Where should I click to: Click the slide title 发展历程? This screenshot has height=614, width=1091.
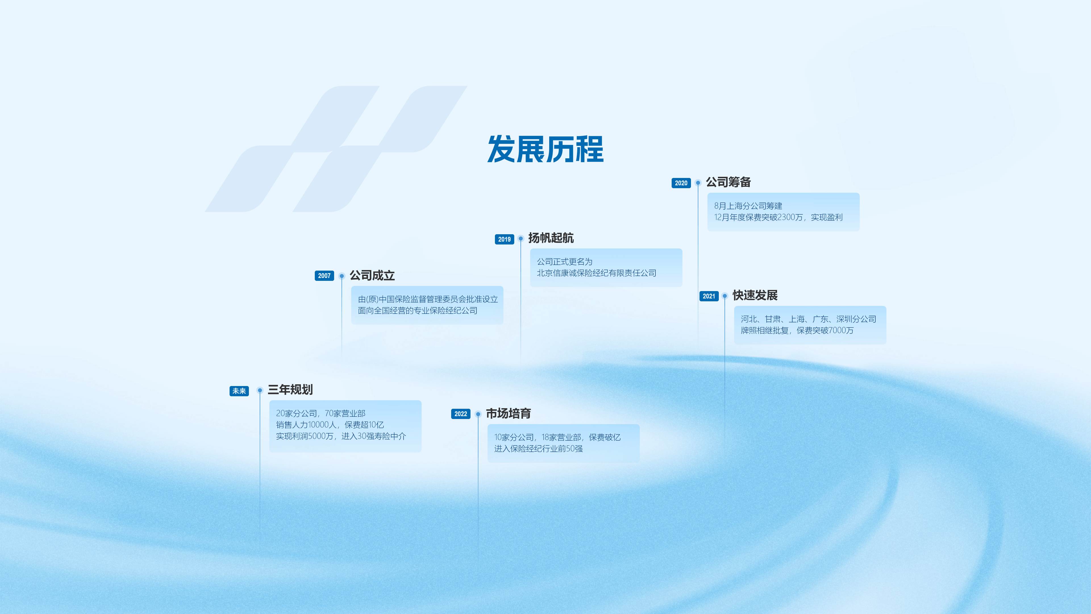pos(545,149)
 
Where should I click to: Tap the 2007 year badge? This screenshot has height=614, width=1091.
pos(324,276)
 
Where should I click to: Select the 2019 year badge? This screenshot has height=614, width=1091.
pos(504,239)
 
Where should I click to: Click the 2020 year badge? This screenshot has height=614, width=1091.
pos(681,183)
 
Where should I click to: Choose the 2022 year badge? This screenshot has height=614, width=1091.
pos(461,414)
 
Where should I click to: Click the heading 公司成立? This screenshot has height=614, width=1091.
pos(372,275)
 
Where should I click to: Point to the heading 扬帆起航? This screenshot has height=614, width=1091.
pos(551,238)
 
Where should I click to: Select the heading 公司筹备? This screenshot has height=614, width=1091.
pos(728,182)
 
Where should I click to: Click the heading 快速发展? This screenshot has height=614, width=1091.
pos(755,295)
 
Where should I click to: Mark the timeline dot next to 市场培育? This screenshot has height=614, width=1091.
pos(478,414)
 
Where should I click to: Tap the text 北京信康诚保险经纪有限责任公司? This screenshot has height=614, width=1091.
pos(597,273)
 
